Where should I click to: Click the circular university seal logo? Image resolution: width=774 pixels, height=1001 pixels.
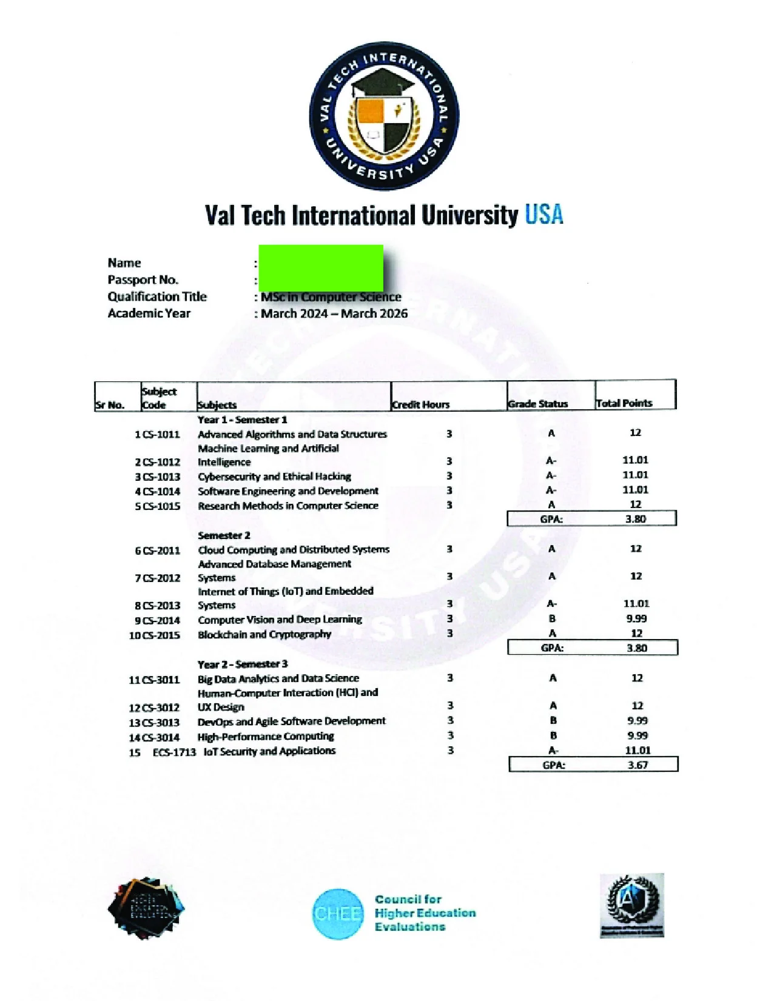pos(384,116)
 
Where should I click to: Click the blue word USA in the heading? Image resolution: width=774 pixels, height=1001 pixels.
pos(543,215)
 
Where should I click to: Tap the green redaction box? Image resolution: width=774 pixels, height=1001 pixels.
pos(321,267)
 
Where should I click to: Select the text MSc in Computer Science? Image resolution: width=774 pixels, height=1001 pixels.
pos(331,297)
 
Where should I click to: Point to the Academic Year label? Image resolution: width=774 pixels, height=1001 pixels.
pos(149,313)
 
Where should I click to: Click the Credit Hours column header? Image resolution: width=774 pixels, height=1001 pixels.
pos(421,404)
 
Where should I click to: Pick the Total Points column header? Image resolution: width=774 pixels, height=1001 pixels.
pos(624,403)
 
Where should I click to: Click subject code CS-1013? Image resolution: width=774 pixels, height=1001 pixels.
pos(161,477)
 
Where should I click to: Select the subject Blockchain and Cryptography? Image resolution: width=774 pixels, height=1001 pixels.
pos(264,634)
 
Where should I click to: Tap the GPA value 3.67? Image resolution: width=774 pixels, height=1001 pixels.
pos(638,765)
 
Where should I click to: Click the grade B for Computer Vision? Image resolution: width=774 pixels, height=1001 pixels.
pos(552,619)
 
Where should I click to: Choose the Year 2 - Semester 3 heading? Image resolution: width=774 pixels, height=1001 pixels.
pos(243,664)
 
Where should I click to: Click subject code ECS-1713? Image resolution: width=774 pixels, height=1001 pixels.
pos(174,752)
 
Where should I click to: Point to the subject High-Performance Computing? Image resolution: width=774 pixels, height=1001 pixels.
pos(266,736)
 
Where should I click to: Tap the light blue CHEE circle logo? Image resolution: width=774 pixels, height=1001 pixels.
pos(338,914)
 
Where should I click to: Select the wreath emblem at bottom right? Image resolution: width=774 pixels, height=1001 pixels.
pos(632,905)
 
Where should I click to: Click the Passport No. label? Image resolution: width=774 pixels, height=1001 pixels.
pos(143,280)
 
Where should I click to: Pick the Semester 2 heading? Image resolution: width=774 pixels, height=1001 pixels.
pos(224,535)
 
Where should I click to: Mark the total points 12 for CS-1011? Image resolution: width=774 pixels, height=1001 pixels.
pos(635,433)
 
